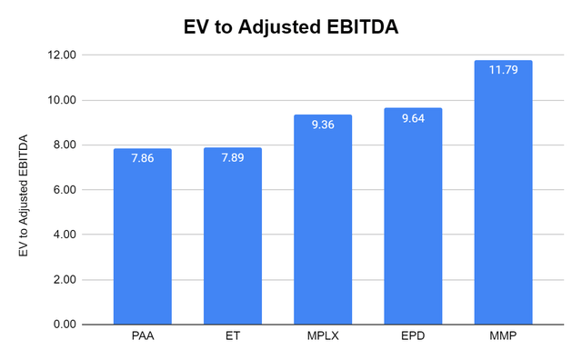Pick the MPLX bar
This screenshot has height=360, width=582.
(322, 227)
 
